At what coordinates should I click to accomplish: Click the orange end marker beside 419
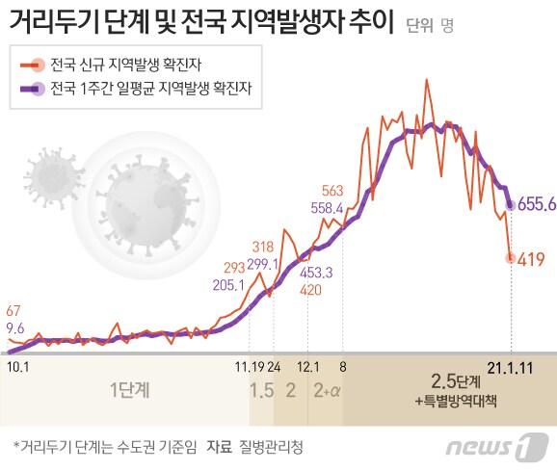click(511, 257)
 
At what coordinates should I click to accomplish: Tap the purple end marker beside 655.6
click(510, 204)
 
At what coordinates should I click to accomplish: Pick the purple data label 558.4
click(328, 207)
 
